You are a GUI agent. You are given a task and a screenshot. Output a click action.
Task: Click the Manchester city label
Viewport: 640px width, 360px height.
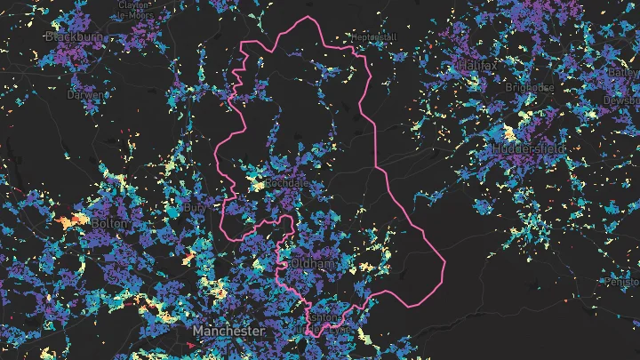pos(229,331)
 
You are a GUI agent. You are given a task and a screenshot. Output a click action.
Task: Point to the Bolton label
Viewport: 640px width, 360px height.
pos(109,224)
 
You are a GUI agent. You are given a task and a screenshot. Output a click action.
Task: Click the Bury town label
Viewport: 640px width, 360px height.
pos(194,207)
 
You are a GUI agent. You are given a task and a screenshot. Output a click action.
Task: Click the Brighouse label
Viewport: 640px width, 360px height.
pos(530,88)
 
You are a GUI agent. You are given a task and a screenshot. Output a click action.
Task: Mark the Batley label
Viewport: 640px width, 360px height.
pos(625,72)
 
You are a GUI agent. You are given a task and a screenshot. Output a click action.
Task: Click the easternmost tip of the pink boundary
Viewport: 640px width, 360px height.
pos(444,263)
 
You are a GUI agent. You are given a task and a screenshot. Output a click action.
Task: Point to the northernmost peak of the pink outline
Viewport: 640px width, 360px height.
pos(308,17)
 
